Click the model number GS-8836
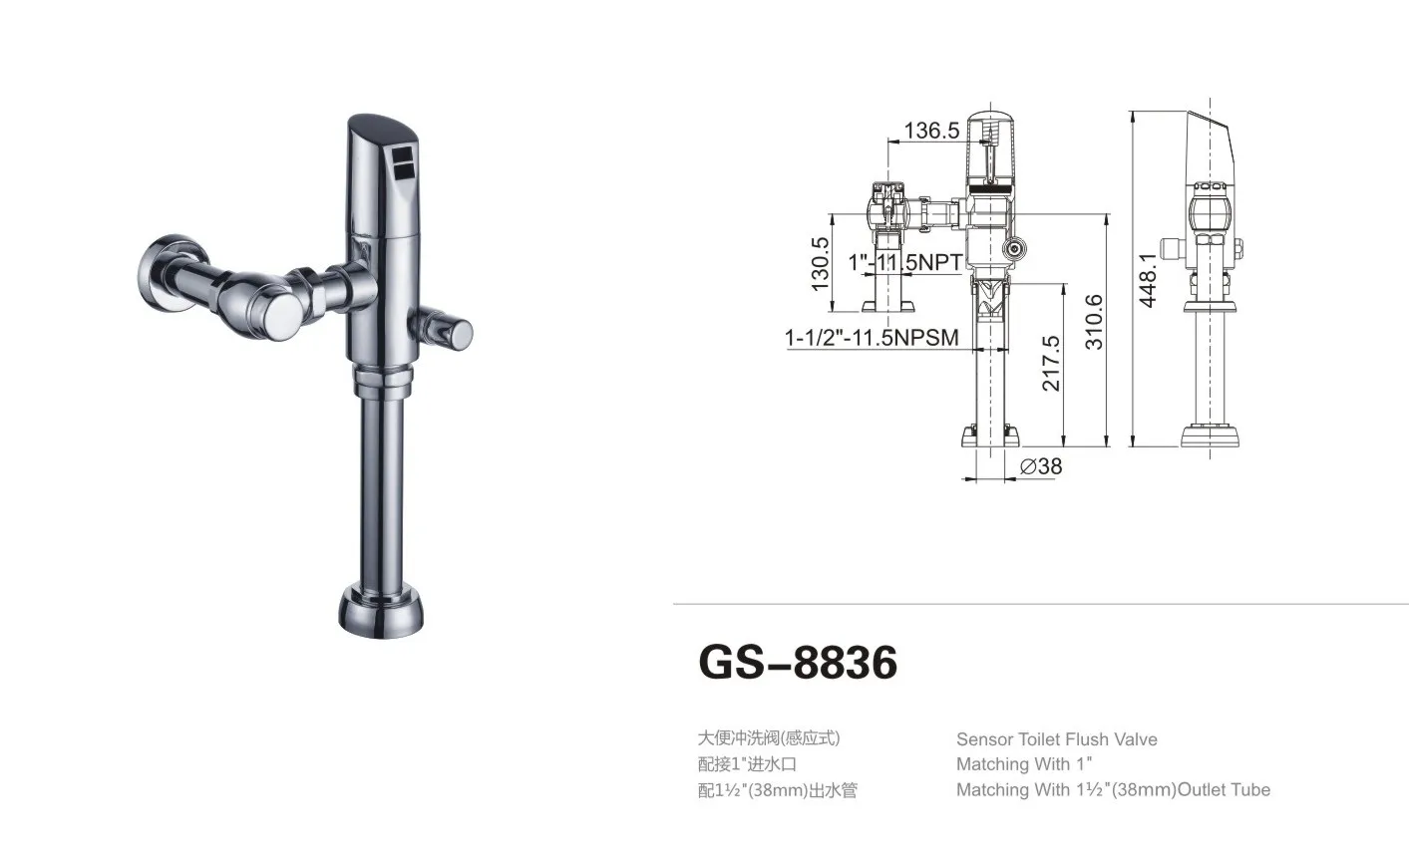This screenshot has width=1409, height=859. point(798,662)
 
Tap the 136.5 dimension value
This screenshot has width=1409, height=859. point(931,131)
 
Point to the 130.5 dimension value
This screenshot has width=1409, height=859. point(821,263)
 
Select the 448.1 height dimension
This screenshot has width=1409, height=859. point(1148,279)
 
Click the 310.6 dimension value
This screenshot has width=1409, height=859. point(1094,321)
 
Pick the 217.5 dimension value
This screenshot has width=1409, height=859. point(1051,363)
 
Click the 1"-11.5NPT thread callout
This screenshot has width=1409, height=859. point(905,262)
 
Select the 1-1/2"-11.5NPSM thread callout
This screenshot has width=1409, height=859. point(872,338)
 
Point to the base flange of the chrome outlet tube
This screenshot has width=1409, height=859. point(382,609)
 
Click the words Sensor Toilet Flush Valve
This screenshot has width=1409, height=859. point(1056,739)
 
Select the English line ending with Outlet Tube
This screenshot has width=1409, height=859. point(1113,790)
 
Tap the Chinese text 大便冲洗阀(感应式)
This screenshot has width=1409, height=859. point(768,738)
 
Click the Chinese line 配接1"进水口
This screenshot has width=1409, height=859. point(747,764)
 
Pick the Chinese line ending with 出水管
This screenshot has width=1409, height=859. point(777,791)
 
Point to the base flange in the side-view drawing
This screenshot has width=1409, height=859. point(1211,435)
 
